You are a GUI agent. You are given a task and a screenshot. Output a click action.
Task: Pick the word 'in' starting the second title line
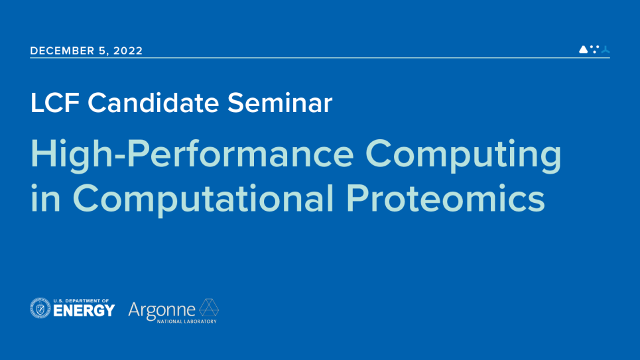tap(45, 198)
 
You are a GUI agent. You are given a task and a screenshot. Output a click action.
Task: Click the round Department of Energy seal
tap(40, 308)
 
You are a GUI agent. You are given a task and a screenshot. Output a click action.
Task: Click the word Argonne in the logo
tap(162, 309)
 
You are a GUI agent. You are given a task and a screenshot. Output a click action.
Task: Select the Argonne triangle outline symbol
tap(209, 308)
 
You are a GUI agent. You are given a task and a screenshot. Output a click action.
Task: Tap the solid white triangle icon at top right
tap(583, 49)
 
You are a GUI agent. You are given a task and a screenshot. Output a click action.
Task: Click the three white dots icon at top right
tap(594, 48)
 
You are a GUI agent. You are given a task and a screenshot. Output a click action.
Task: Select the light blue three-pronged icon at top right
tap(605, 49)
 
